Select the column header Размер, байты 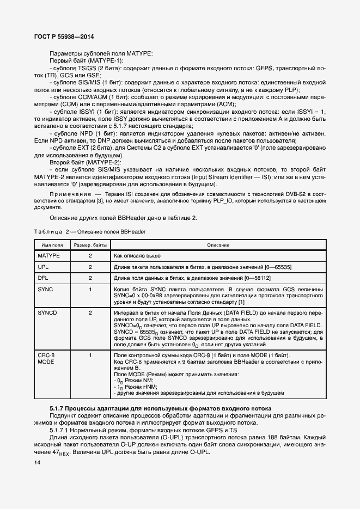[90, 245]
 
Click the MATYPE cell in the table [49, 255]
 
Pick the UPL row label [43, 267]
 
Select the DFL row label [43, 278]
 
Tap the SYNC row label [45, 289]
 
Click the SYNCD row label [47, 313]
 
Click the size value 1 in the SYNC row [90, 289]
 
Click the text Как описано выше [137, 255]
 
